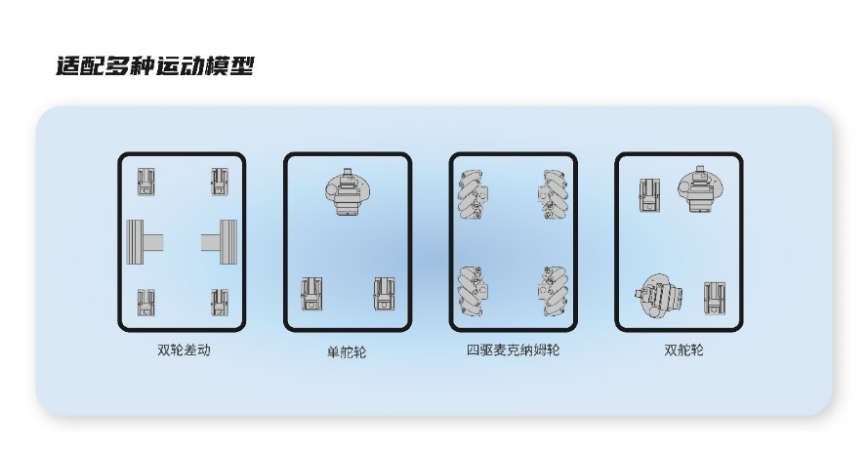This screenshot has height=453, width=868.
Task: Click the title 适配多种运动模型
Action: [155, 66]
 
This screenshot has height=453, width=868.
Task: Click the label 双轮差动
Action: [184, 350]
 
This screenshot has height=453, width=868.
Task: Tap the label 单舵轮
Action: [347, 352]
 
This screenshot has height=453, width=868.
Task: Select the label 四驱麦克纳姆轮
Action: [514, 350]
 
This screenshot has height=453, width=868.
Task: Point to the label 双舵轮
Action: [683, 350]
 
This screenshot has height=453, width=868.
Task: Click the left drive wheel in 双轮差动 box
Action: [145, 242]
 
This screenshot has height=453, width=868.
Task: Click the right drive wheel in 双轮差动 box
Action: [220, 242]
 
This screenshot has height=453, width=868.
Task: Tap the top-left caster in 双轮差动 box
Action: [146, 182]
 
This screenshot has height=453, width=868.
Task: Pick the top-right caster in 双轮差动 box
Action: [220, 182]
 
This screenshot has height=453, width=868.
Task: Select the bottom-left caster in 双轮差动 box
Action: [146, 303]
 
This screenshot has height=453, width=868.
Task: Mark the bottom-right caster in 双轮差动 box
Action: [220, 303]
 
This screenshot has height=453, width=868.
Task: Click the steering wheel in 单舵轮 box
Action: [348, 192]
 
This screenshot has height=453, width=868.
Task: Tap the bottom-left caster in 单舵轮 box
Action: [311, 294]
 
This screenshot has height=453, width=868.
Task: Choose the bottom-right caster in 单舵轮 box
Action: [384, 294]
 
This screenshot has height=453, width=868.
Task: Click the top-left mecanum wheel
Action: [474, 194]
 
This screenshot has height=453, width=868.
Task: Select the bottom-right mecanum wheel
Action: [553, 291]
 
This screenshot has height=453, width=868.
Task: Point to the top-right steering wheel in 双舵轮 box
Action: [700, 188]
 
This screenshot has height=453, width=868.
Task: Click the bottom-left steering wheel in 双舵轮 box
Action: [659, 296]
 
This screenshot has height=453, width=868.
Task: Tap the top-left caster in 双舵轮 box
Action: [650, 195]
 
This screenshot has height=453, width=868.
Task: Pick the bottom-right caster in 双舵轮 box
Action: [715, 299]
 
